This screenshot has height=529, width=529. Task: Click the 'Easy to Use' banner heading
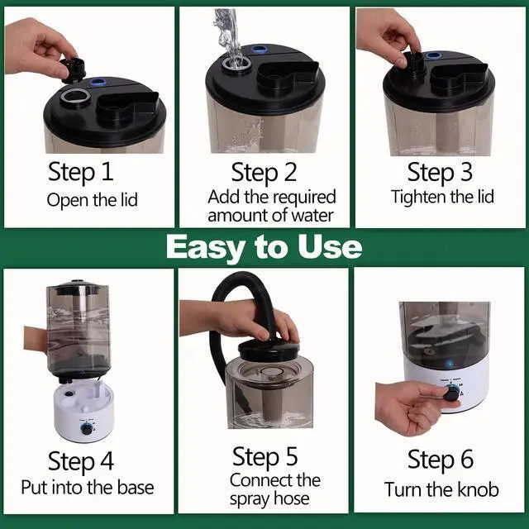pos(264,247)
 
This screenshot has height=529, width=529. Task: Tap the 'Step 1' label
pos(81,172)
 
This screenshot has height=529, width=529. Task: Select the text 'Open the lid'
pos(92,200)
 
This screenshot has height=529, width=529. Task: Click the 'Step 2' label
pos(264,173)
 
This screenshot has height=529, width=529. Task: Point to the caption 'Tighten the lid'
pos(442,197)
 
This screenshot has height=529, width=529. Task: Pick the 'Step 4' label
pos(81,461)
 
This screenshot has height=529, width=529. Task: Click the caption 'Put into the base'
pos(88,488)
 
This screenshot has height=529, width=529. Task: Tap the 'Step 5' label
pos(265,456)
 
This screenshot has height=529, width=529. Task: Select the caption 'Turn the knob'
pos(441,490)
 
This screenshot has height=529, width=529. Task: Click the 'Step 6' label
pos(441,460)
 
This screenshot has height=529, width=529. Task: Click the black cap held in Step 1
pos(73,71)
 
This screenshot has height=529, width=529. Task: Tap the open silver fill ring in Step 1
pos(75,98)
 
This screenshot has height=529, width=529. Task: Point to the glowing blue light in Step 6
pos(449,364)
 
